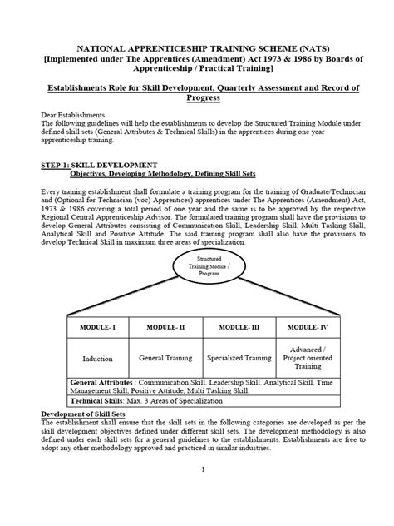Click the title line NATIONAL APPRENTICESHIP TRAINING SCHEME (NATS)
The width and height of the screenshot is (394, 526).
coord(197,49)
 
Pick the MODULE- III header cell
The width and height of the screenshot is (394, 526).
coord(244,328)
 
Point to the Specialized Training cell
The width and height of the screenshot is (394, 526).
coord(244,359)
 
